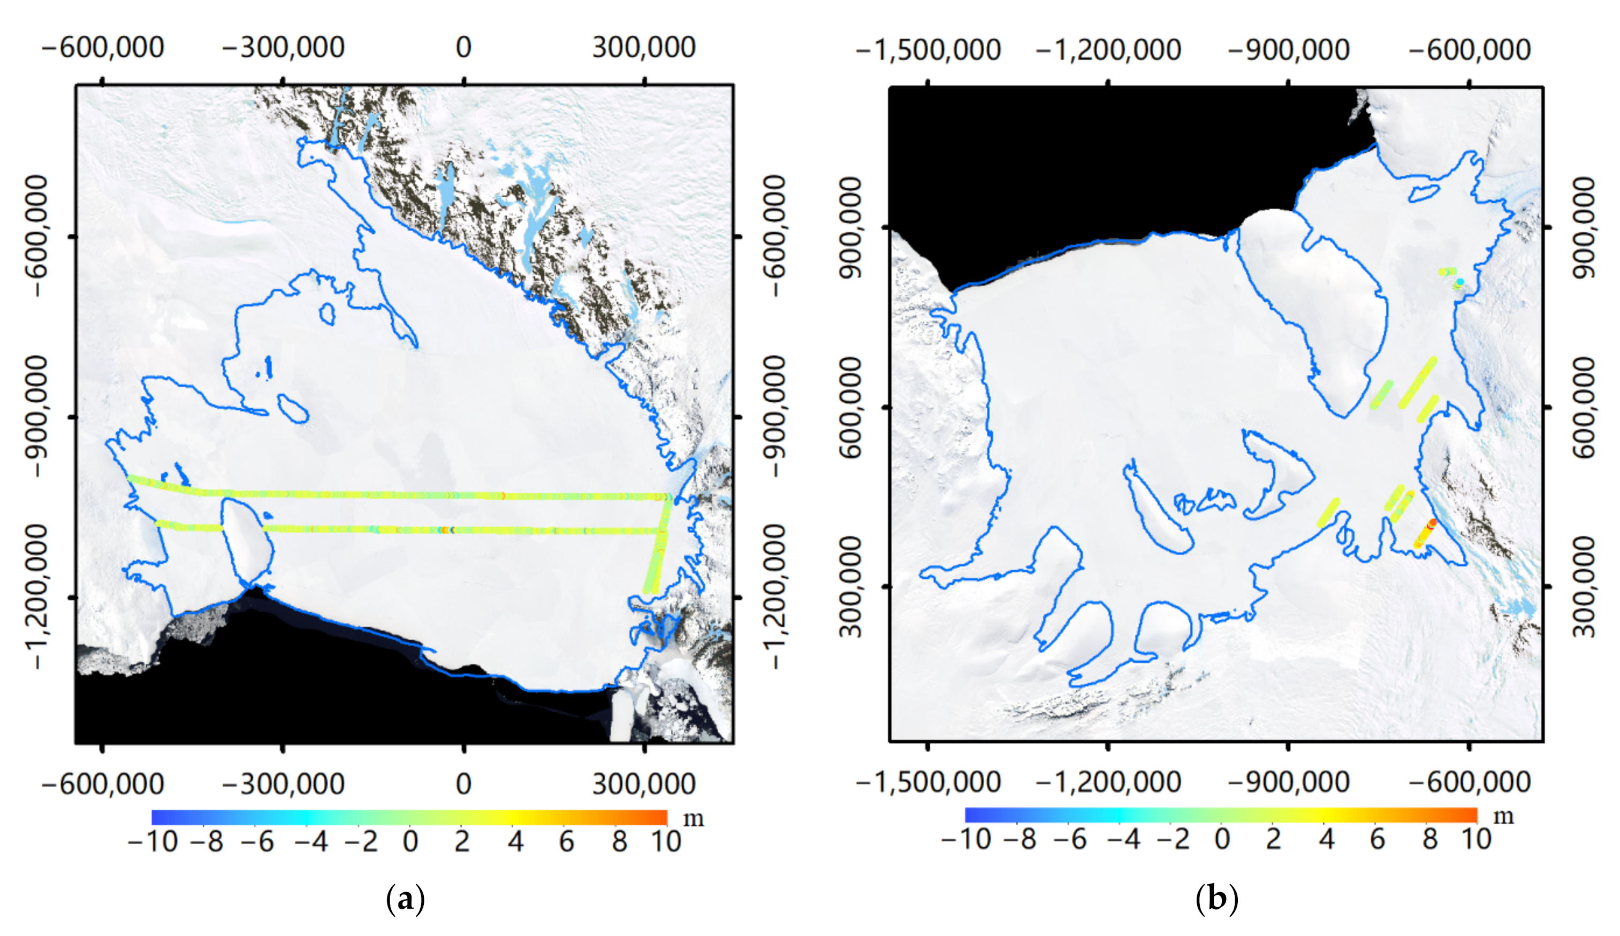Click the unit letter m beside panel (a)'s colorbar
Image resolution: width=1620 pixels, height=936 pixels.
click(693, 819)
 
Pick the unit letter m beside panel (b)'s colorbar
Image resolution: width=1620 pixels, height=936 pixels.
click(1503, 817)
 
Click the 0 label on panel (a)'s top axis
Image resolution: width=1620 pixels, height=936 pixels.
click(463, 48)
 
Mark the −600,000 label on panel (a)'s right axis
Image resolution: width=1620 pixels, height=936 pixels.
click(776, 236)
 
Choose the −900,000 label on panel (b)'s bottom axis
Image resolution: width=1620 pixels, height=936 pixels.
click(1288, 782)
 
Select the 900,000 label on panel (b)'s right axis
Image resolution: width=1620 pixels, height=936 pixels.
click(1586, 227)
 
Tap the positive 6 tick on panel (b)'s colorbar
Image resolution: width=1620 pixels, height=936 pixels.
click(1377, 839)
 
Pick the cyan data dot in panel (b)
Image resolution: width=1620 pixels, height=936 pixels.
click(1460, 282)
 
